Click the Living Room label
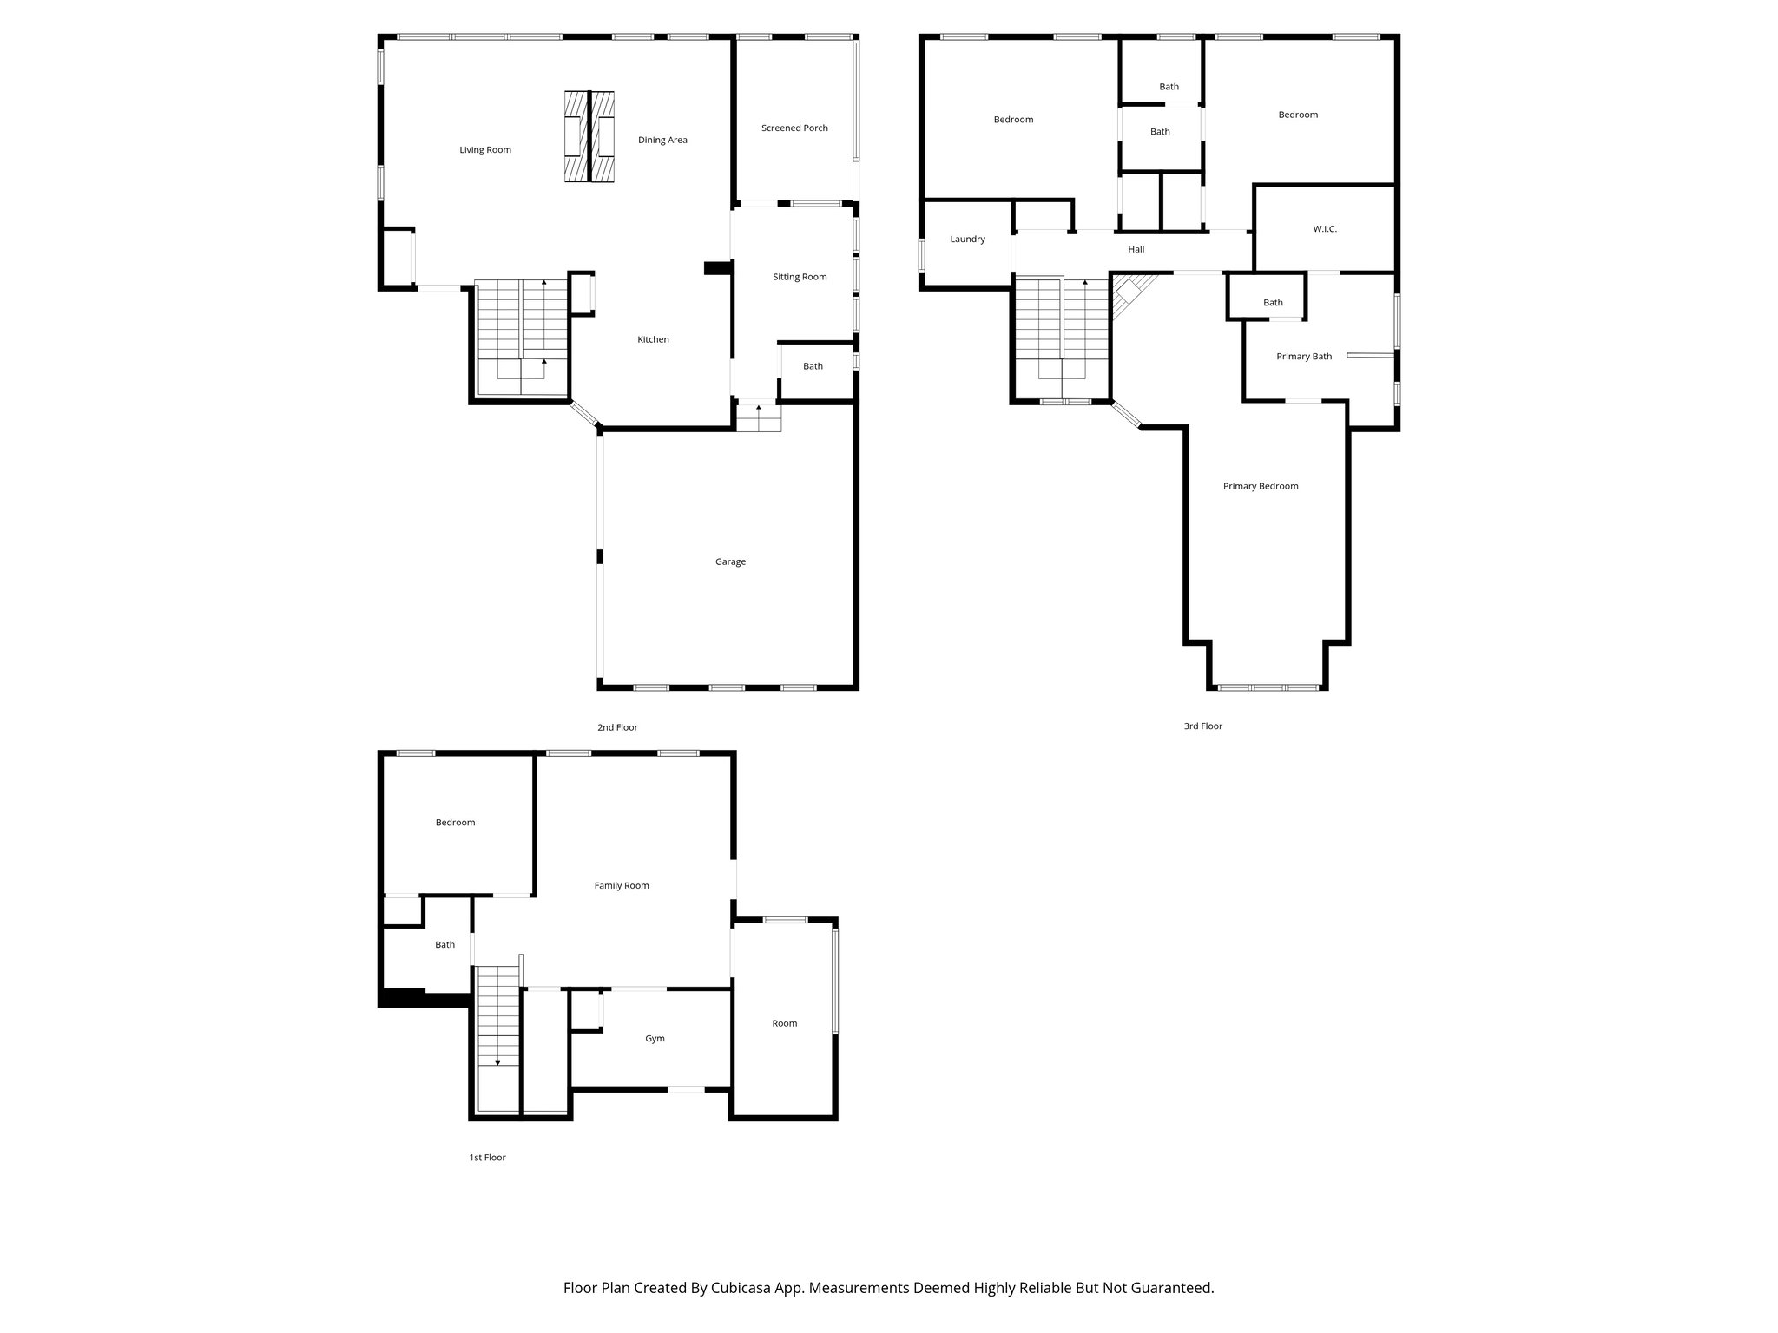(x=485, y=150)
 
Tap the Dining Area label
(x=662, y=140)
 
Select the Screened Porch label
(x=794, y=128)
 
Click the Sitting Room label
(x=800, y=277)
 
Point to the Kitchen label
(x=653, y=339)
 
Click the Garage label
(x=730, y=561)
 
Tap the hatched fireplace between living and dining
(x=589, y=137)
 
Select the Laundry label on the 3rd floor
(x=967, y=239)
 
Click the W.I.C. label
(x=1325, y=229)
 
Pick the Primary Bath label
(x=1304, y=357)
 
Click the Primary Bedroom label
(x=1261, y=486)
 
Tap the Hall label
(x=1136, y=249)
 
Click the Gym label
(x=655, y=1039)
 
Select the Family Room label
(x=622, y=886)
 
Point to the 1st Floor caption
(x=487, y=1157)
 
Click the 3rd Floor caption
(x=1202, y=726)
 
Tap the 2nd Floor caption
(x=617, y=727)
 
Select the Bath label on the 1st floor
(x=444, y=945)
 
